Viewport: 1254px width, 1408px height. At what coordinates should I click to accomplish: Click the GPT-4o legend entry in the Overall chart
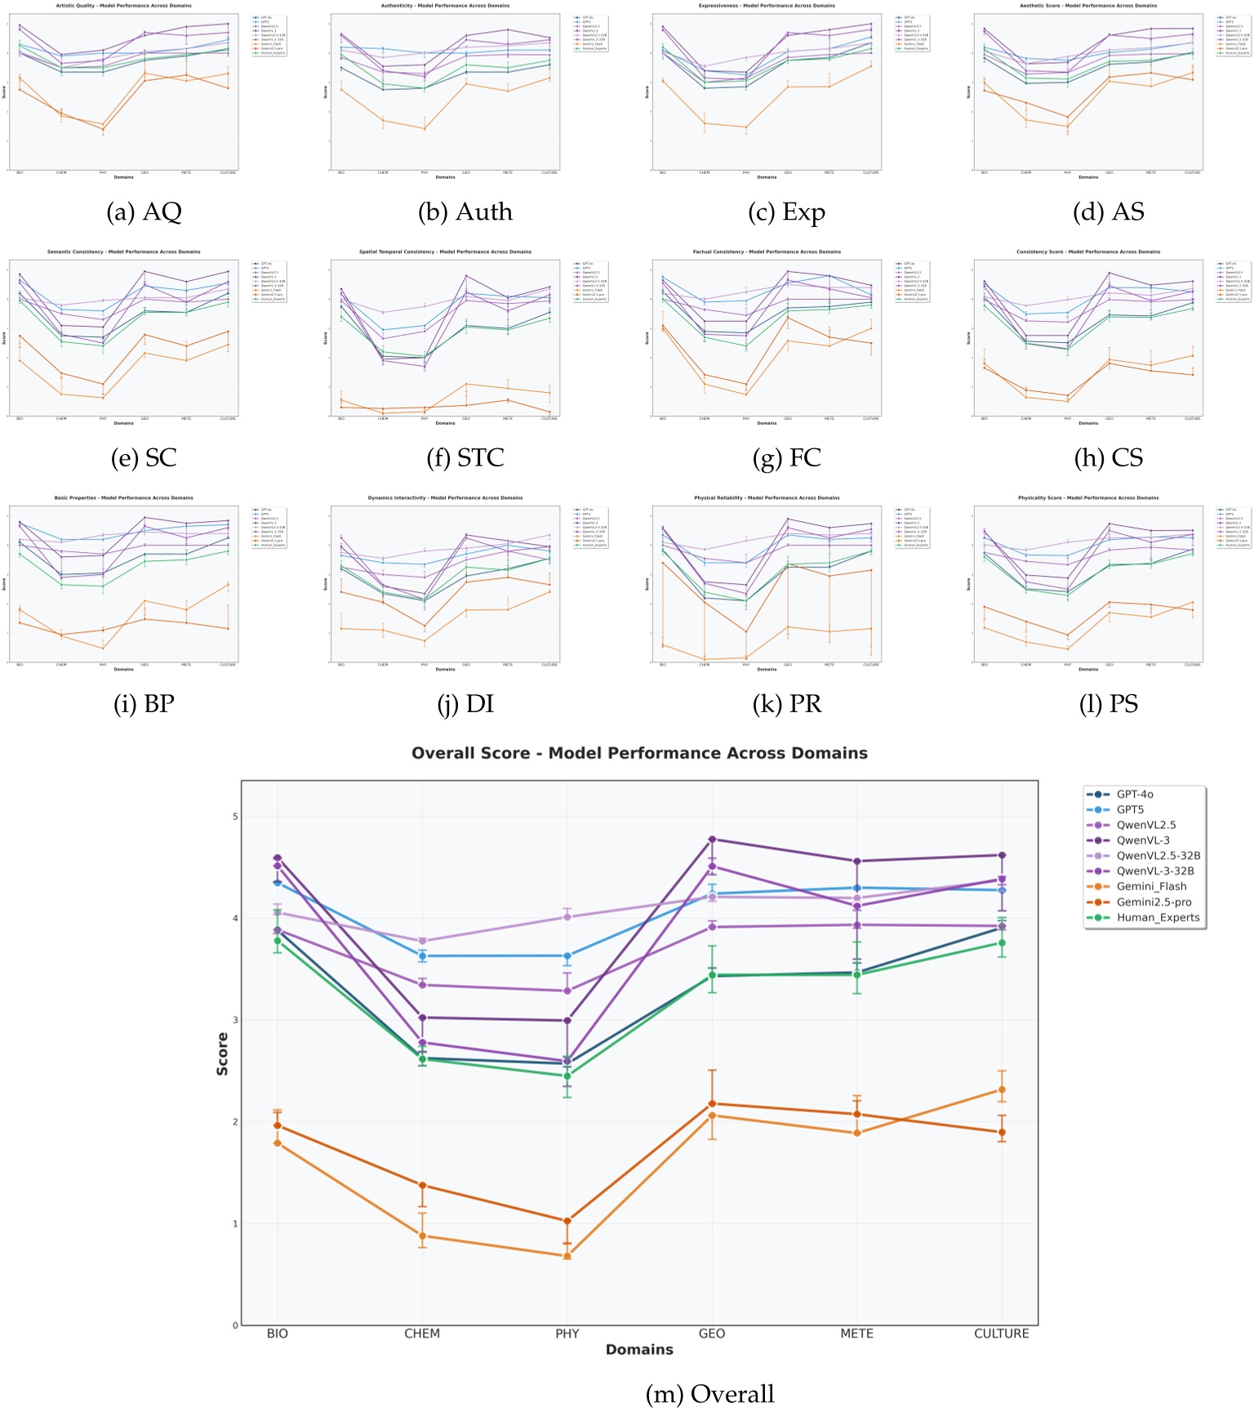click(1134, 794)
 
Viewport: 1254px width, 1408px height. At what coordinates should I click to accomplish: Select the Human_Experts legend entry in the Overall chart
click(1158, 917)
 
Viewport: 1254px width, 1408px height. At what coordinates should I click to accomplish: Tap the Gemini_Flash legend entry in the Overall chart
click(1151, 886)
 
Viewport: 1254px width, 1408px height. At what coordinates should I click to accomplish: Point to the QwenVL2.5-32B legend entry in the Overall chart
click(1158, 855)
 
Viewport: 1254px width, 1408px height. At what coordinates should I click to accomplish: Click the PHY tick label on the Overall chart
click(567, 1334)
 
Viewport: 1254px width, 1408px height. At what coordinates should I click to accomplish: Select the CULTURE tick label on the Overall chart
click(1001, 1334)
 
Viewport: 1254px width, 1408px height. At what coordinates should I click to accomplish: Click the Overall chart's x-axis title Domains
click(639, 1349)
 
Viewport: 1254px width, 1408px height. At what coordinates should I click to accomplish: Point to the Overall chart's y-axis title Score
click(222, 1054)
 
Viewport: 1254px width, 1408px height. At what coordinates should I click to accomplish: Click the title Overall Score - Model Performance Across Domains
click(639, 753)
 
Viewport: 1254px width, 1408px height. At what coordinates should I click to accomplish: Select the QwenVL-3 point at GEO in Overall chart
click(712, 840)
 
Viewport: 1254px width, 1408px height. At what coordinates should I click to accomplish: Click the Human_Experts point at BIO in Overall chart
click(278, 941)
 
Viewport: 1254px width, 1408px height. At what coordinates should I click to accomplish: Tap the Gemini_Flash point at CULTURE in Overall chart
click(1002, 1089)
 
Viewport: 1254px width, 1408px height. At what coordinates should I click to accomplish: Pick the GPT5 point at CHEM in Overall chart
click(422, 956)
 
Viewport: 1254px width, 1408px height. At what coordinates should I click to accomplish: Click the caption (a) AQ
click(144, 212)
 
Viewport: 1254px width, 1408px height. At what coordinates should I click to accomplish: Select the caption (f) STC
click(465, 458)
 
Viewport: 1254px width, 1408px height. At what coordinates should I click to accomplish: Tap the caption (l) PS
click(1108, 704)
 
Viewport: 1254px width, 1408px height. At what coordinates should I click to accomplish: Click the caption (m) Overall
click(709, 1393)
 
